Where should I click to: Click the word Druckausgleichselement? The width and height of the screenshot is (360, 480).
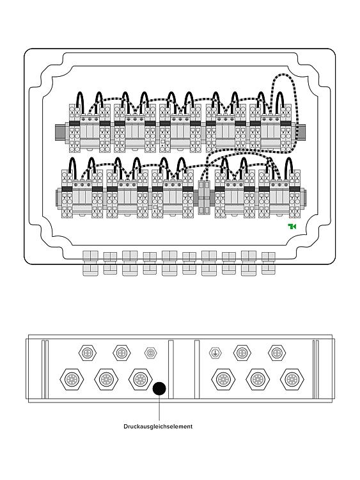pyautogui.click(x=158, y=426)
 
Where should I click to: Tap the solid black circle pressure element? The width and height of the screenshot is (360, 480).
pyautogui.click(x=159, y=388)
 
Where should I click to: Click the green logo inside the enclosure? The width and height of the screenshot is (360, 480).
pyautogui.click(x=292, y=226)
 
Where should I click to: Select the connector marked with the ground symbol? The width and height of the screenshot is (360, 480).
pyautogui.click(x=215, y=353)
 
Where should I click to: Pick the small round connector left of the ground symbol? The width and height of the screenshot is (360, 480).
pyautogui.click(x=150, y=353)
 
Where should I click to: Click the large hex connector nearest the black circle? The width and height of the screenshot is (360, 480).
pyautogui.click(x=141, y=380)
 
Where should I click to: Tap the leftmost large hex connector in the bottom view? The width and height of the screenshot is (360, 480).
pyautogui.click(x=72, y=380)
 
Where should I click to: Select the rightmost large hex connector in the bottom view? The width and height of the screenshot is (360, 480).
pyautogui.click(x=292, y=380)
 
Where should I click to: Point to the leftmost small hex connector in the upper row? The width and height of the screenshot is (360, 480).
pyautogui.click(x=88, y=353)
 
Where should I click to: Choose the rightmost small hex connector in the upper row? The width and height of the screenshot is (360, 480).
pyautogui.click(x=277, y=353)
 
